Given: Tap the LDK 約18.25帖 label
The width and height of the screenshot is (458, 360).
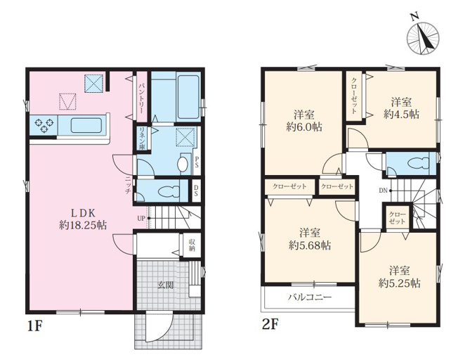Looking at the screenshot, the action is [x=83, y=219].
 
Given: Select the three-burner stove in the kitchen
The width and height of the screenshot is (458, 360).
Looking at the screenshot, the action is [x=44, y=125].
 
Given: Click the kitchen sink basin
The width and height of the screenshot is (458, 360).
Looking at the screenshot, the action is [x=86, y=125].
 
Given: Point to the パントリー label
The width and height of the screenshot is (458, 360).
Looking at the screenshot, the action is [x=142, y=98].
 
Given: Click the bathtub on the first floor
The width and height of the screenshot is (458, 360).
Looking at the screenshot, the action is [x=188, y=97].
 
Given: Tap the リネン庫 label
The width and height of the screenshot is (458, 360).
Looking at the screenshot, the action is [x=142, y=139].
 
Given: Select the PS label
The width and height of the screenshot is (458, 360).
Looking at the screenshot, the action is [x=197, y=162].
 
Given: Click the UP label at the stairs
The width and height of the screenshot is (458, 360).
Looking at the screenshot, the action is [x=141, y=218].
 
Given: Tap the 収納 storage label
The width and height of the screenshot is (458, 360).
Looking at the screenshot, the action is [x=192, y=245].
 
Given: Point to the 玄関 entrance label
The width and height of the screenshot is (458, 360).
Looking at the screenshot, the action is [x=166, y=285].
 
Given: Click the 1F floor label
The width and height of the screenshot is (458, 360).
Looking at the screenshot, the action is [x=34, y=326].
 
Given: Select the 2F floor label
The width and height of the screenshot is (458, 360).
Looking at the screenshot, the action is [x=270, y=325].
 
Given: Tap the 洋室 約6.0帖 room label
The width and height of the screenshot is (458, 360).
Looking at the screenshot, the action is [x=304, y=121].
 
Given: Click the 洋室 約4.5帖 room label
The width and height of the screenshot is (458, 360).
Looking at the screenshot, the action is [x=402, y=108].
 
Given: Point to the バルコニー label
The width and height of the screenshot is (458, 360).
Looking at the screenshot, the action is [x=310, y=297].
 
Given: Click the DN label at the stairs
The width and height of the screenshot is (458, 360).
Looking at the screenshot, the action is [x=384, y=191].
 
